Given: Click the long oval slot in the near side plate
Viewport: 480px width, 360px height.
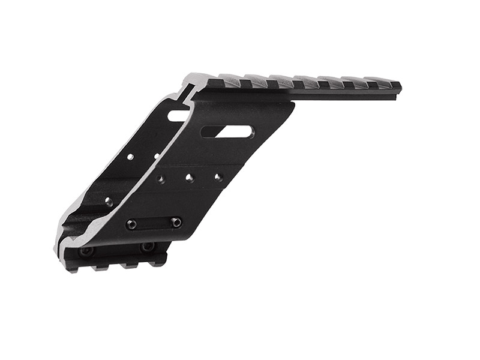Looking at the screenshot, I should (x=228, y=131).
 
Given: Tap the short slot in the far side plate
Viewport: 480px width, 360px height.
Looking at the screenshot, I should (x=178, y=115).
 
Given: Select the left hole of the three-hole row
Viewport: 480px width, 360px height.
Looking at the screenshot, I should (x=161, y=179).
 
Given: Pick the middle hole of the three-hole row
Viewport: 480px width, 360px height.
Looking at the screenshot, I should (x=189, y=178).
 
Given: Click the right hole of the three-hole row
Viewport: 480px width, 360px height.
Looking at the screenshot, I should (x=218, y=177).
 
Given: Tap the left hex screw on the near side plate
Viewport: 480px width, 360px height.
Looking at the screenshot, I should (x=131, y=224).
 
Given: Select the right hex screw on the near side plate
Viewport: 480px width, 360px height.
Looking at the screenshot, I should (x=176, y=222).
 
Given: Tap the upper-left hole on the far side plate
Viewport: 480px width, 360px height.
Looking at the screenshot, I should (x=130, y=157).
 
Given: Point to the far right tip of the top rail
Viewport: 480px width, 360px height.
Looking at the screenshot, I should (x=400, y=88).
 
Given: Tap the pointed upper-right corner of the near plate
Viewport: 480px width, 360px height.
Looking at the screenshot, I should (x=293, y=103).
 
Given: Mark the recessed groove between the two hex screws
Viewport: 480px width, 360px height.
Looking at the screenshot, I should (x=153, y=223).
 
